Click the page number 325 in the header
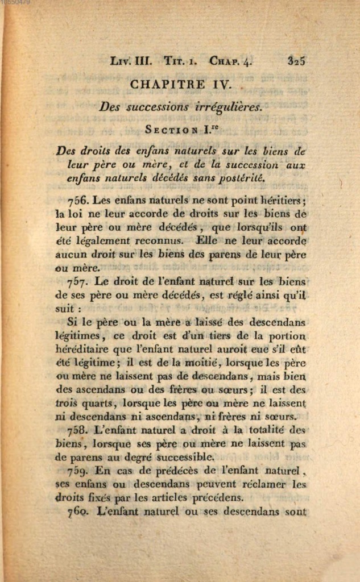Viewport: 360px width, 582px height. tap(297, 60)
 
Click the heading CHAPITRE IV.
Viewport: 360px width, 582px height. tap(180, 84)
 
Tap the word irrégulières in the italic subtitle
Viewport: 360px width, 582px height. tap(227, 107)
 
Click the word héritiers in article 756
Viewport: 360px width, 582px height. tap(275, 200)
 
